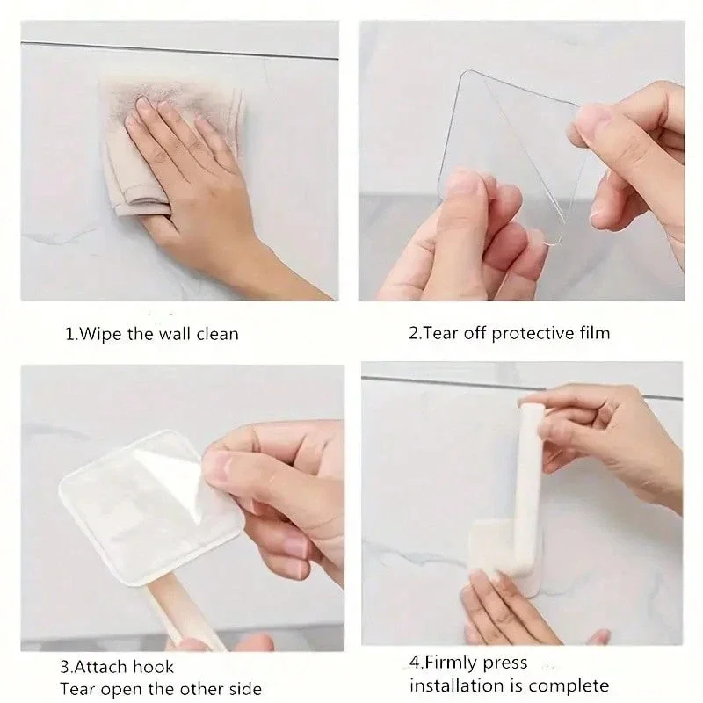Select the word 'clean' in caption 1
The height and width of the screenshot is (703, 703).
(x=217, y=334)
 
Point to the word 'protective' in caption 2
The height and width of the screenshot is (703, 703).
(x=526, y=333)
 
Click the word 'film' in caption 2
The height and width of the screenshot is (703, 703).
(x=593, y=333)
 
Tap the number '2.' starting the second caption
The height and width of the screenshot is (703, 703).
(x=415, y=333)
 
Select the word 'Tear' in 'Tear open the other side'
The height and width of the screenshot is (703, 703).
(x=76, y=688)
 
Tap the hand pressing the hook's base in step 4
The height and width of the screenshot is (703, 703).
(x=510, y=606)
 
